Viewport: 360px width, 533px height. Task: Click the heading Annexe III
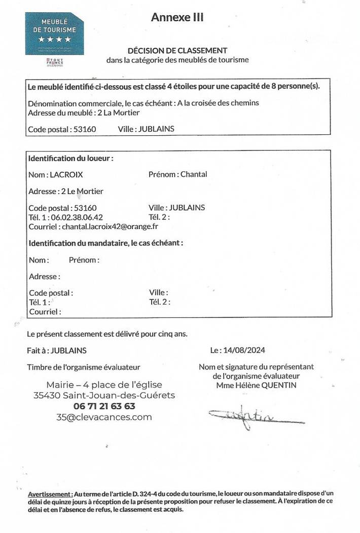tap(177, 17)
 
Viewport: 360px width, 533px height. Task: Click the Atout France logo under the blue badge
tap(51, 62)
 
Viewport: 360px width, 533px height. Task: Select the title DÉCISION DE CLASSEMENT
tap(177, 50)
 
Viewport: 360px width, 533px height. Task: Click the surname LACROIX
tap(66, 175)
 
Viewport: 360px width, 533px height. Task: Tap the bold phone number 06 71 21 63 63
tap(104, 406)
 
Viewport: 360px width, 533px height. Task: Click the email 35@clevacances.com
tap(104, 417)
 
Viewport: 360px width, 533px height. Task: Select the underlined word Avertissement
tap(50, 493)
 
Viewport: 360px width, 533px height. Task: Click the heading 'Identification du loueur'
tap(70, 158)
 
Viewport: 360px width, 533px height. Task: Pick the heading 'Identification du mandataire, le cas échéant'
tap(106, 243)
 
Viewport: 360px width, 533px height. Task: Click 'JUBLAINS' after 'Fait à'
tap(69, 351)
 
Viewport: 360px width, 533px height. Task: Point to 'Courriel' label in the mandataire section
tap(45, 312)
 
